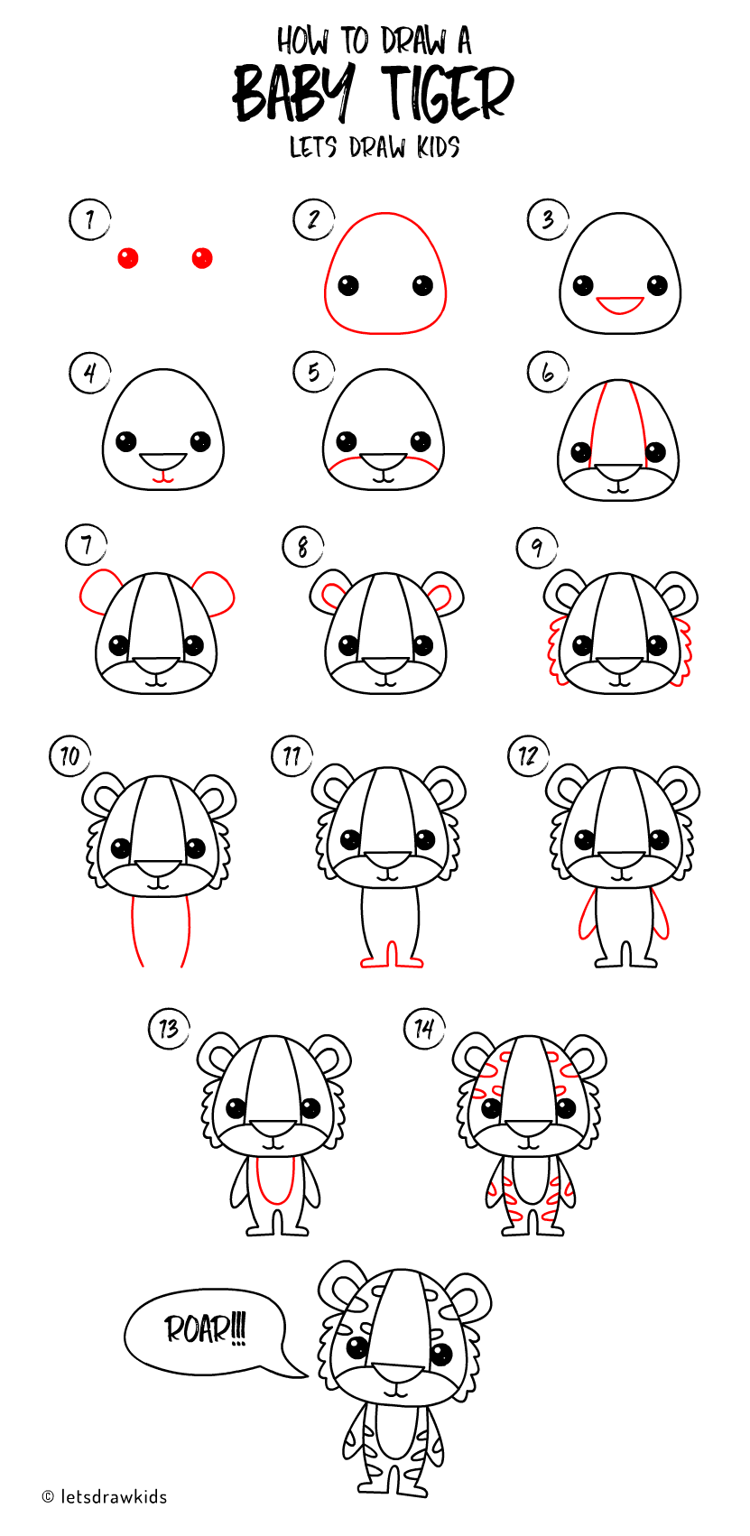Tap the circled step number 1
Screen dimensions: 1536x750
89,219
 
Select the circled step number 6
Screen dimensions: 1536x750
548,372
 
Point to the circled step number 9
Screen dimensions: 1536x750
537,547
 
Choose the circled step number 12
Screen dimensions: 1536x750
528,755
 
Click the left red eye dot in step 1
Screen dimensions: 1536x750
128,259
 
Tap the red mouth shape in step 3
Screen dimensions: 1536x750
620,305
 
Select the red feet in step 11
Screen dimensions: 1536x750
392,960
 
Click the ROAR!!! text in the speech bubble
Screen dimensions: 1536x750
205,1329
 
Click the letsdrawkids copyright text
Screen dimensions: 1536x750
105,1497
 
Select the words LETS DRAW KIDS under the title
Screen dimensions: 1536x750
375,147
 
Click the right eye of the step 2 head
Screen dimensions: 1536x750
423,286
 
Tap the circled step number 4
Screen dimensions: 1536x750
89,372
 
